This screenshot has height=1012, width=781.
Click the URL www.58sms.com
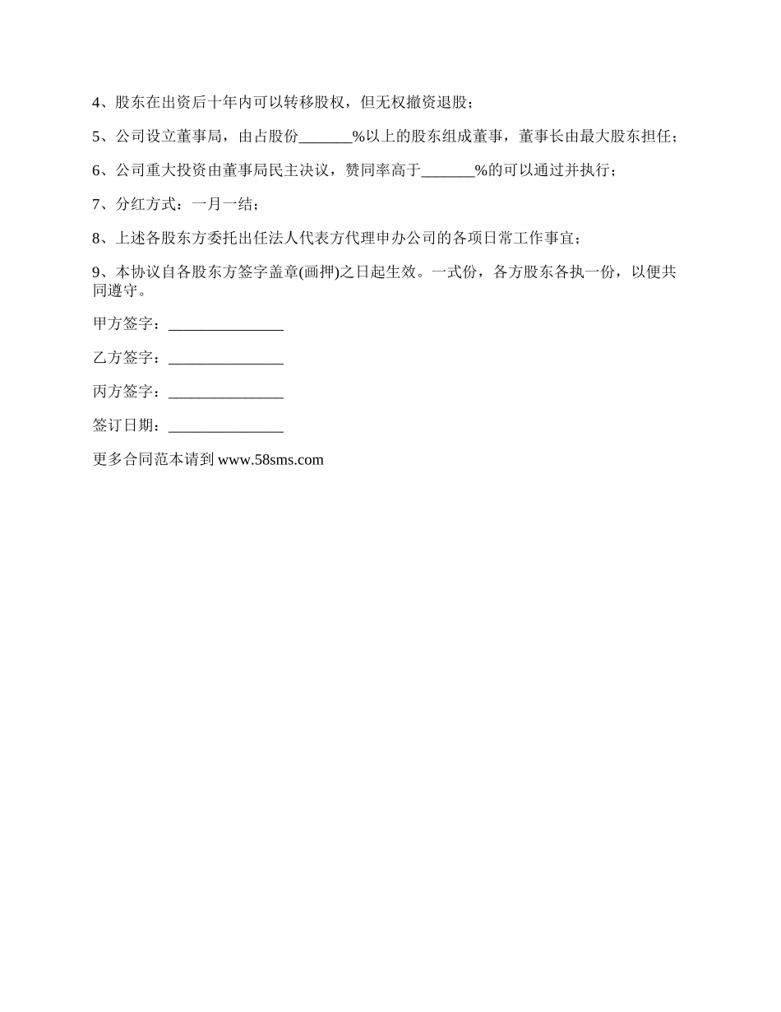pos(270,461)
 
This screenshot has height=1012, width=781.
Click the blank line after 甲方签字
pos(225,326)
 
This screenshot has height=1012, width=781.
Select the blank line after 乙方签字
pos(225,360)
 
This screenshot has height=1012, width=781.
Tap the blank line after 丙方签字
pos(225,393)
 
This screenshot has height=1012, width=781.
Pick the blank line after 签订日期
pos(225,427)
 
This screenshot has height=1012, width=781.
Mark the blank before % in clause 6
pos(447,171)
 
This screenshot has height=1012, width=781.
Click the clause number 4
pos(96,104)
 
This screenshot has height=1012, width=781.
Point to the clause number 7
pos(96,205)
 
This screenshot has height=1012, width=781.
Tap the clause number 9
pos(96,272)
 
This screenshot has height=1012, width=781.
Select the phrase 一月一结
pos(220,205)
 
